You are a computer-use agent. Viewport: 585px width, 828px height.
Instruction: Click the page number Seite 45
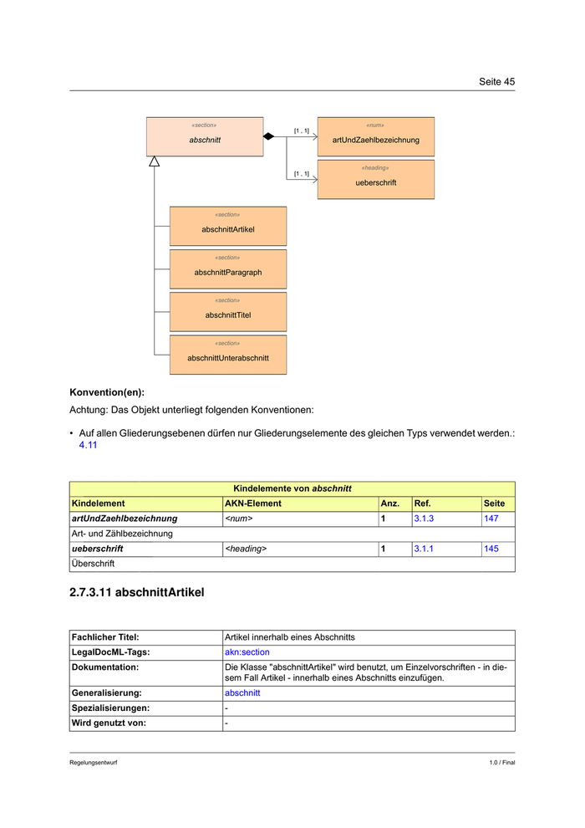[496, 81]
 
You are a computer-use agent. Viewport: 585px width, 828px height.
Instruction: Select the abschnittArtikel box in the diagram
[228, 226]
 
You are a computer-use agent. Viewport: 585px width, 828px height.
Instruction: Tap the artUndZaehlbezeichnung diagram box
[376, 136]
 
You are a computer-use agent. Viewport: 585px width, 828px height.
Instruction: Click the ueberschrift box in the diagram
[376, 179]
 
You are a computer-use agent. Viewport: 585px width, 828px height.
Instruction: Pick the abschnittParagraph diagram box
[228, 269]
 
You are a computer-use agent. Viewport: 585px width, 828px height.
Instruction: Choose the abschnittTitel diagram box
[228, 312]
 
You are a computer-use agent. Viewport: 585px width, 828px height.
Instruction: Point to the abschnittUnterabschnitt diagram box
[228, 355]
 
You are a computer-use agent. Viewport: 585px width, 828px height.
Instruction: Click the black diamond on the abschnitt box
[268, 136]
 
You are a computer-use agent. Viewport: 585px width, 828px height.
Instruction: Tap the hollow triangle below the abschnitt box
[154, 161]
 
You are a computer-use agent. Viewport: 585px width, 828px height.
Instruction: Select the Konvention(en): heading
[106, 391]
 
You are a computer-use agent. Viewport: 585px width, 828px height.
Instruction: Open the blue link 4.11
[89, 446]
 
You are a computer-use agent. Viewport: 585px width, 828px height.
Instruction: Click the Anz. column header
[390, 503]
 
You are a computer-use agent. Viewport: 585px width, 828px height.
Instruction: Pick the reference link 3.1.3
[424, 519]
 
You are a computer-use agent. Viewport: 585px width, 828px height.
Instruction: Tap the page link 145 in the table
[491, 549]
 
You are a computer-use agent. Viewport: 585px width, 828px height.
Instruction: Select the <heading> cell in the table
[246, 549]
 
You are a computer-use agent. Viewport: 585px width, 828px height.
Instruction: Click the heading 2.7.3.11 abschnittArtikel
[136, 592]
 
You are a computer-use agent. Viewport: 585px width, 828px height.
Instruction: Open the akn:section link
[247, 652]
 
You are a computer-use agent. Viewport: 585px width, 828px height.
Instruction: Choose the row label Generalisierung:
[107, 693]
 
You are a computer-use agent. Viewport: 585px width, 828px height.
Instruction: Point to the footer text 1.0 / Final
[502, 763]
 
